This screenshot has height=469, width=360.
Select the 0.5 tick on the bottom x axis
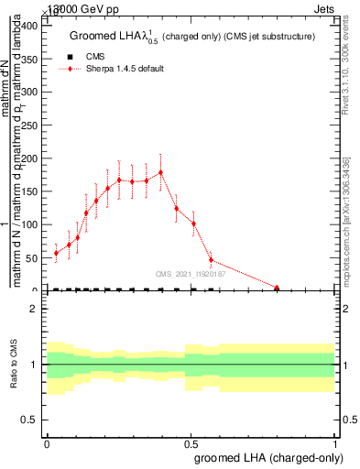[191, 441]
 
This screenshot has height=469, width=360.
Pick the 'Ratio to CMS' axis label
[15, 365]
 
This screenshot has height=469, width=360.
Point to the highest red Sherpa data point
[161, 172]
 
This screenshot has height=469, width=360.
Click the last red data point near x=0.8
[277, 288]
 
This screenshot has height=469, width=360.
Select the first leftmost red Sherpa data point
[56, 253]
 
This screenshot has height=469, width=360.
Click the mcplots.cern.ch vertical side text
[349, 220]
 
